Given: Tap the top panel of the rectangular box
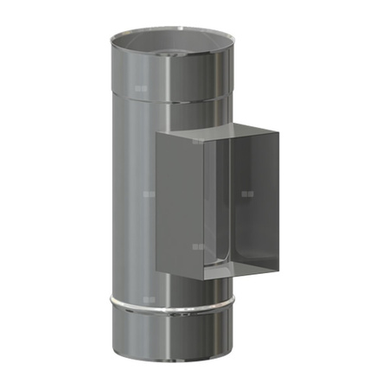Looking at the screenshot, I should (220, 137).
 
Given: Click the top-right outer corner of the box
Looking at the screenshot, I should (280, 131).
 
